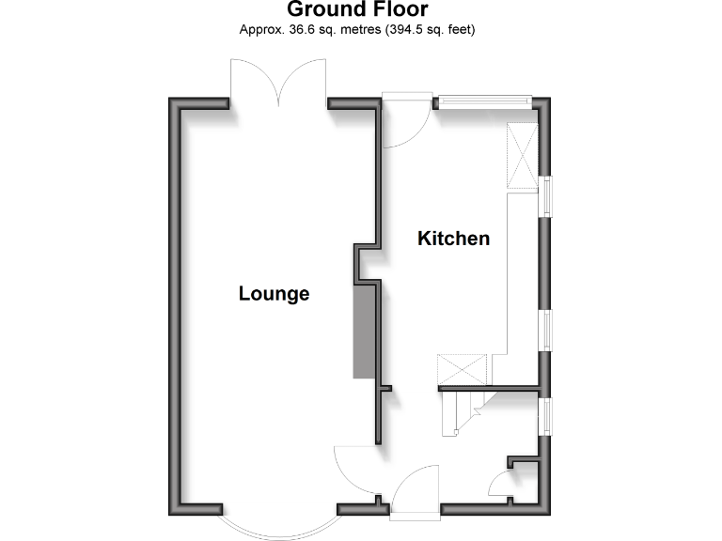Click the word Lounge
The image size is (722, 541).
click(x=274, y=294)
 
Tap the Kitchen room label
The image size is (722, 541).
click(x=454, y=239)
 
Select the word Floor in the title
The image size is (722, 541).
click(x=400, y=10)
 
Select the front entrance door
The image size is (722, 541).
click(x=414, y=490)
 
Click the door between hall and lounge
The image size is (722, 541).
click(x=355, y=470)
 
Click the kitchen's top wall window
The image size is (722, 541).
click(x=482, y=99)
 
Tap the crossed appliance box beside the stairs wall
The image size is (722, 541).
click(x=463, y=366)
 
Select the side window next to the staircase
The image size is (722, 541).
click(x=545, y=415)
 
